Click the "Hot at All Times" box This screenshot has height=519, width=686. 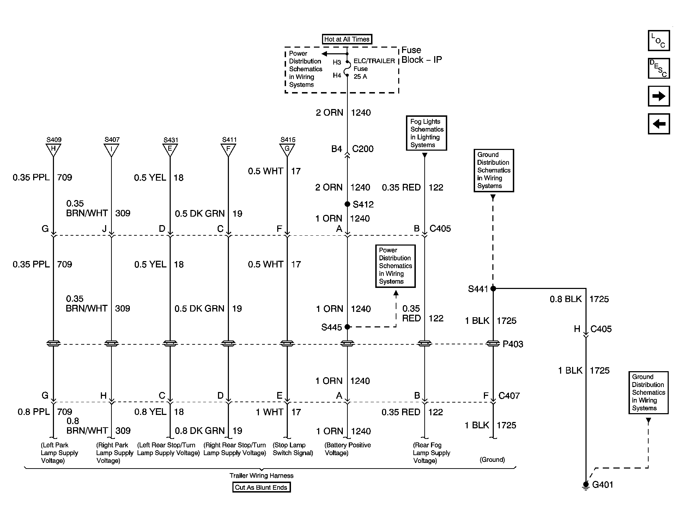click(x=347, y=39)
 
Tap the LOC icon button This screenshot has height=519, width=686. click(x=658, y=41)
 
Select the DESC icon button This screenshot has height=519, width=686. click(x=658, y=68)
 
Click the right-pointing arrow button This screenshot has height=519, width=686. click(x=658, y=96)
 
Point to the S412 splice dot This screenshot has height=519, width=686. click(x=347, y=204)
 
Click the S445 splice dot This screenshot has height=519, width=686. click(x=347, y=327)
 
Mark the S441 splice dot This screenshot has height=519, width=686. click(x=493, y=289)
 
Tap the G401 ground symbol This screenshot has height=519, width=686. click(x=586, y=485)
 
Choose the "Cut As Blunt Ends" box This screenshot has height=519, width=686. click(x=261, y=487)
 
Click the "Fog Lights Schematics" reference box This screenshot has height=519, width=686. click(x=426, y=133)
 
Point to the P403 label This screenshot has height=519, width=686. click(x=513, y=344)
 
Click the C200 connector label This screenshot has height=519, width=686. click(x=363, y=149)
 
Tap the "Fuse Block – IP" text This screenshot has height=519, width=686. click(x=421, y=55)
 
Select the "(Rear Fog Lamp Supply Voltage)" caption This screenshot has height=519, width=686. click(x=432, y=453)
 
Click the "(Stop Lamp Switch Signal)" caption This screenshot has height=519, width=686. click(x=293, y=449)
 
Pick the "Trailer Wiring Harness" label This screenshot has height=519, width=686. click(x=261, y=475)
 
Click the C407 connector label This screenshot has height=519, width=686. click(x=509, y=396)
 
